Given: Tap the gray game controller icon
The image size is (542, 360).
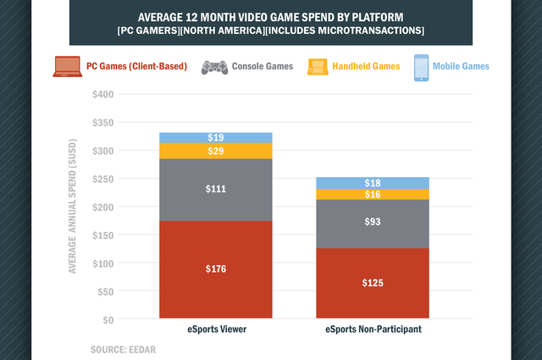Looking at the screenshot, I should click(213, 66).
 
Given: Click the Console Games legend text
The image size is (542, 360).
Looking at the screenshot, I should click(262, 66).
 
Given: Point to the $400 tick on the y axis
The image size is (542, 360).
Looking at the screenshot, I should click(103, 94).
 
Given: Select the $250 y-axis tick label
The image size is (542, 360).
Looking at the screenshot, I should click(103, 179).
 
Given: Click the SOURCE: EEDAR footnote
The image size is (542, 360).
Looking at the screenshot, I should click(122, 348).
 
